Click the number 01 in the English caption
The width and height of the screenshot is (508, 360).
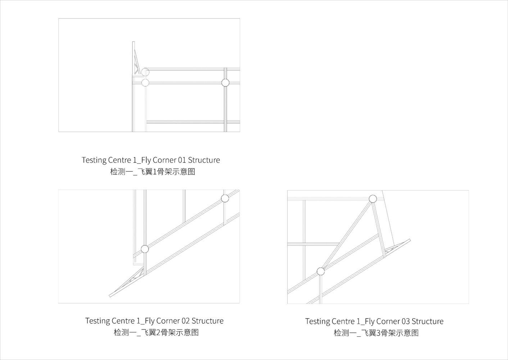pos(182,160)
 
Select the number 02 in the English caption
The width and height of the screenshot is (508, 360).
pos(186,321)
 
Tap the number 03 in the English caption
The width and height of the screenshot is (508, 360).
pos(405,321)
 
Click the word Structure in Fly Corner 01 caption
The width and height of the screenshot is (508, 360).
pos(204,160)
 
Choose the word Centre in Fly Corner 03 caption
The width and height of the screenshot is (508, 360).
pos(343,321)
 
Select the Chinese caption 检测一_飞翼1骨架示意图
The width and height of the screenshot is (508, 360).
pos(153,172)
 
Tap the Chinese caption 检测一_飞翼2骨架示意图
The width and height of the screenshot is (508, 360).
pos(156,332)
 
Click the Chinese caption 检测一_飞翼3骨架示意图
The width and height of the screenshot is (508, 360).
pos(376,333)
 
